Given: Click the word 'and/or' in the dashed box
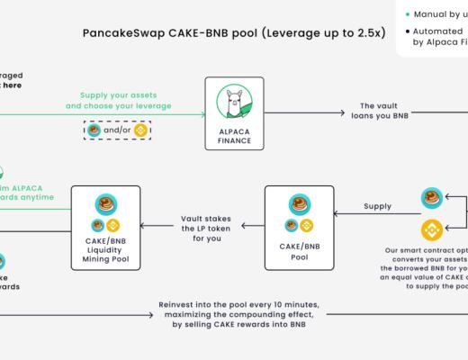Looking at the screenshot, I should tap(118, 130).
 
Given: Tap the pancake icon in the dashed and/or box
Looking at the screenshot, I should tap(94, 130).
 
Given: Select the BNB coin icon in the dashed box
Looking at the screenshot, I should tap(141, 130).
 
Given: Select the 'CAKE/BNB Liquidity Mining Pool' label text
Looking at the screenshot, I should tap(105, 248).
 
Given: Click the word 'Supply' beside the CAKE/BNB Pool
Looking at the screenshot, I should tap(377, 205).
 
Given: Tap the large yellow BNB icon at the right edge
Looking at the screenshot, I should tap(432, 230).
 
